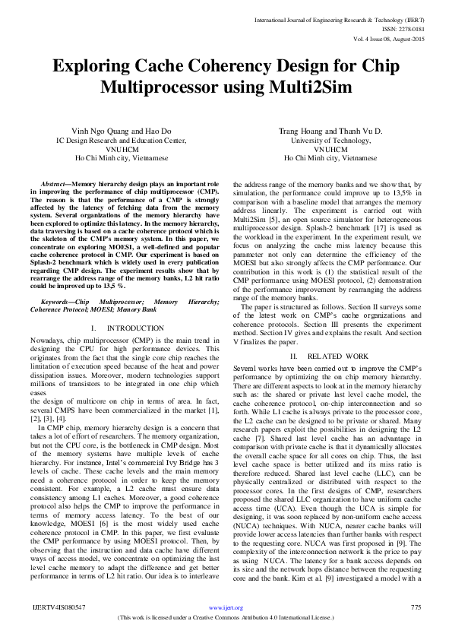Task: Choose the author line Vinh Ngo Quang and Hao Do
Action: [x=122, y=131]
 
